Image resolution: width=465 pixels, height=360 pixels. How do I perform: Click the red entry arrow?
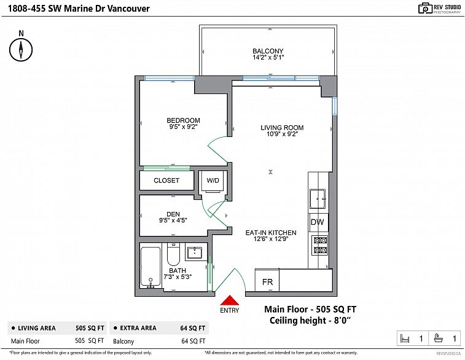(x=229, y=300)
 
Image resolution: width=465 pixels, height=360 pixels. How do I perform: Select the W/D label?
(x=213, y=180)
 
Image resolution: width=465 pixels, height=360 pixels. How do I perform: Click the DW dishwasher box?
(x=318, y=222)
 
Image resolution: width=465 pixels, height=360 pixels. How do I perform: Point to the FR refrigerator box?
(x=267, y=281)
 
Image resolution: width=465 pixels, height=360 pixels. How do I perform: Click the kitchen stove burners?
(x=320, y=245)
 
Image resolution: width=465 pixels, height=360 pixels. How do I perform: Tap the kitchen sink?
(x=318, y=198)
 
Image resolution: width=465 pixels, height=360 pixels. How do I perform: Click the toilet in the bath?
(x=173, y=254)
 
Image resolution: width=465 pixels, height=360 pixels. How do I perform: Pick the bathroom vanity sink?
(x=195, y=253)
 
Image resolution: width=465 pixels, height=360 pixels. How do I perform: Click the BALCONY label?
(x=268, y=51)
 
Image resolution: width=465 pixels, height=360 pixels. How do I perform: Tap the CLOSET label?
(x=166, y=180)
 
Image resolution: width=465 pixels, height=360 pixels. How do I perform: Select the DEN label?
(x=173, y=214)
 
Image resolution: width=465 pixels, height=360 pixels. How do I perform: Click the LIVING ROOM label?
(x=282, y=128)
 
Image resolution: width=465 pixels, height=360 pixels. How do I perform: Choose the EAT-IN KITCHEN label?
(x=271, y=233)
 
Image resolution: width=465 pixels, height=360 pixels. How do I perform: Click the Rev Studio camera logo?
(x=426, y=9)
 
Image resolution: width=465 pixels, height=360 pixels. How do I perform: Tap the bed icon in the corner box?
(x=405, y=338)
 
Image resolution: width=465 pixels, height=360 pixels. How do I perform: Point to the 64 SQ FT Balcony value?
(x=193, y=341)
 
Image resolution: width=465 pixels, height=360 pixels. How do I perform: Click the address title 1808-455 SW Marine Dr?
(x=79, y=9)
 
